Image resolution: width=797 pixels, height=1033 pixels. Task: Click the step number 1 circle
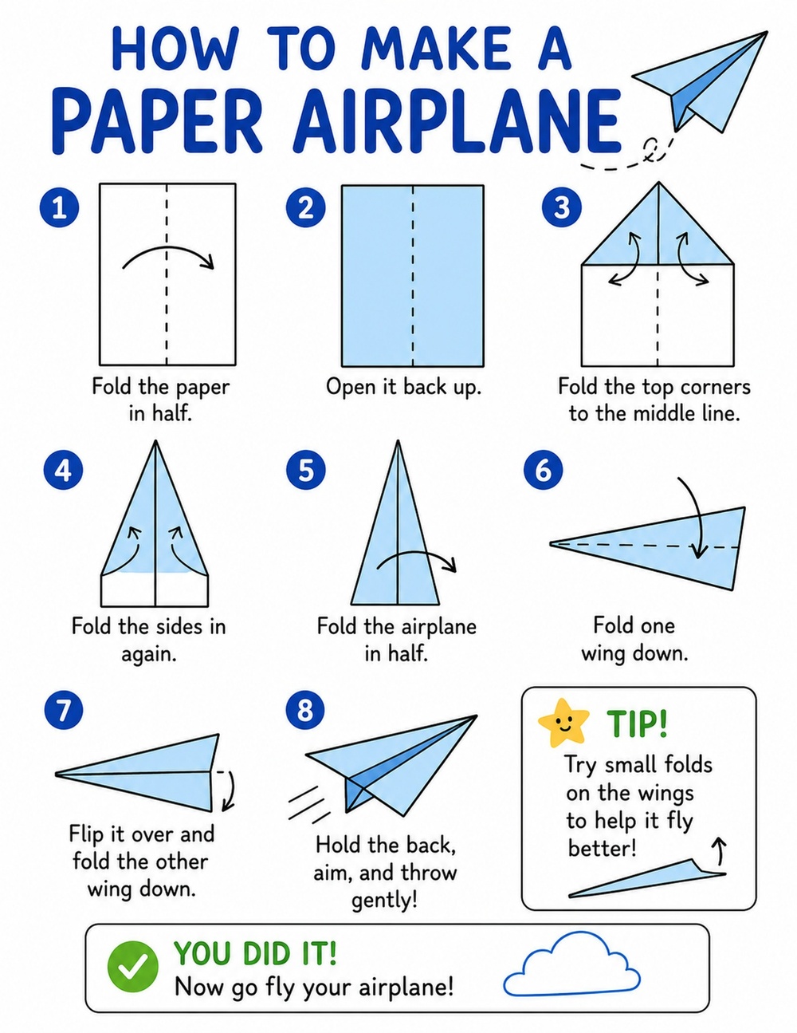[59, 207]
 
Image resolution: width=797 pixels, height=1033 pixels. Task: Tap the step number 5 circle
[306, 470]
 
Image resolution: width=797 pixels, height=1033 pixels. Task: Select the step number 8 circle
[305, 709]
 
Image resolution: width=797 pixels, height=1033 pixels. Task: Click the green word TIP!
[637, 723]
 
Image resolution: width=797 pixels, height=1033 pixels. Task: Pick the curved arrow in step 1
[167, 247]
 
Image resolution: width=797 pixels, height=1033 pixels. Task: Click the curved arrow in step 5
[415, 552]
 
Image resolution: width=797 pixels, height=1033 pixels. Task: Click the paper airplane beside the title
[701, 81]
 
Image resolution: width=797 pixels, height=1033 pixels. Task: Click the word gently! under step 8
[384, 900]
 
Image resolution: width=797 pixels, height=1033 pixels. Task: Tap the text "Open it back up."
[404, 387]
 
